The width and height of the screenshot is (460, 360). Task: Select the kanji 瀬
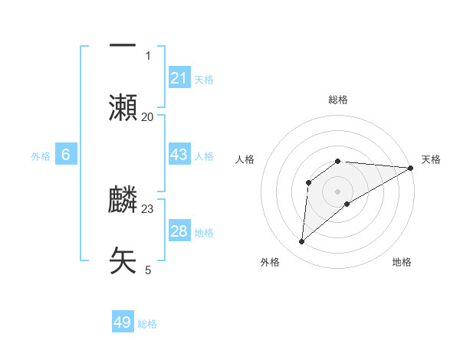pyautogui.click(x=123, y=107)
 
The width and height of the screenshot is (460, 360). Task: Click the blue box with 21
pyautogui.click(x=179, y=77)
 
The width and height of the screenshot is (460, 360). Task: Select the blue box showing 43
pyautogui.click(x=179, y=155)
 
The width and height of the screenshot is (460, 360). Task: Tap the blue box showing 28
pyautogui.click(x=179, y=231)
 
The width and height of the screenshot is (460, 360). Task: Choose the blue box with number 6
pyautogui.click(x=66, y=155)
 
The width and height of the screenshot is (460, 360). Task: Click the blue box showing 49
pyautogui.click(x=123, y=322)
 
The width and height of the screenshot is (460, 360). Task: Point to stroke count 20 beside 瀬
pyautogui.click(x=148, y=116)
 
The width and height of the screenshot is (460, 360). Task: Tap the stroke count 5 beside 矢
pyautogui.click(x=148, y=270)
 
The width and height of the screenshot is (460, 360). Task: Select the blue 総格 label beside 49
pyautogui.click(x=147, y=324)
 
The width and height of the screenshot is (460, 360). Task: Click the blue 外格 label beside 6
pyautogui.click(x=41, y=156)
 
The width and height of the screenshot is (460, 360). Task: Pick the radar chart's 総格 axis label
pyautogui.click(x=338, y=100)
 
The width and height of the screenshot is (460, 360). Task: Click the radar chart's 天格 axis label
pyautogui.click(x=431, y=159)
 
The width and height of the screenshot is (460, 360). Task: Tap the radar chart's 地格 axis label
pyautogui.click(x=402, y=262)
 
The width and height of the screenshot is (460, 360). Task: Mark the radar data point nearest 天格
pyautogui.click(x=411, y=168)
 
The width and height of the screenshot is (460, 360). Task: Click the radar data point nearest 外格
pyautogui.click(x=302, y=242)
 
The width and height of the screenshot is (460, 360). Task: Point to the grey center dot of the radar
pyautogui.click(x=338, y=191)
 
